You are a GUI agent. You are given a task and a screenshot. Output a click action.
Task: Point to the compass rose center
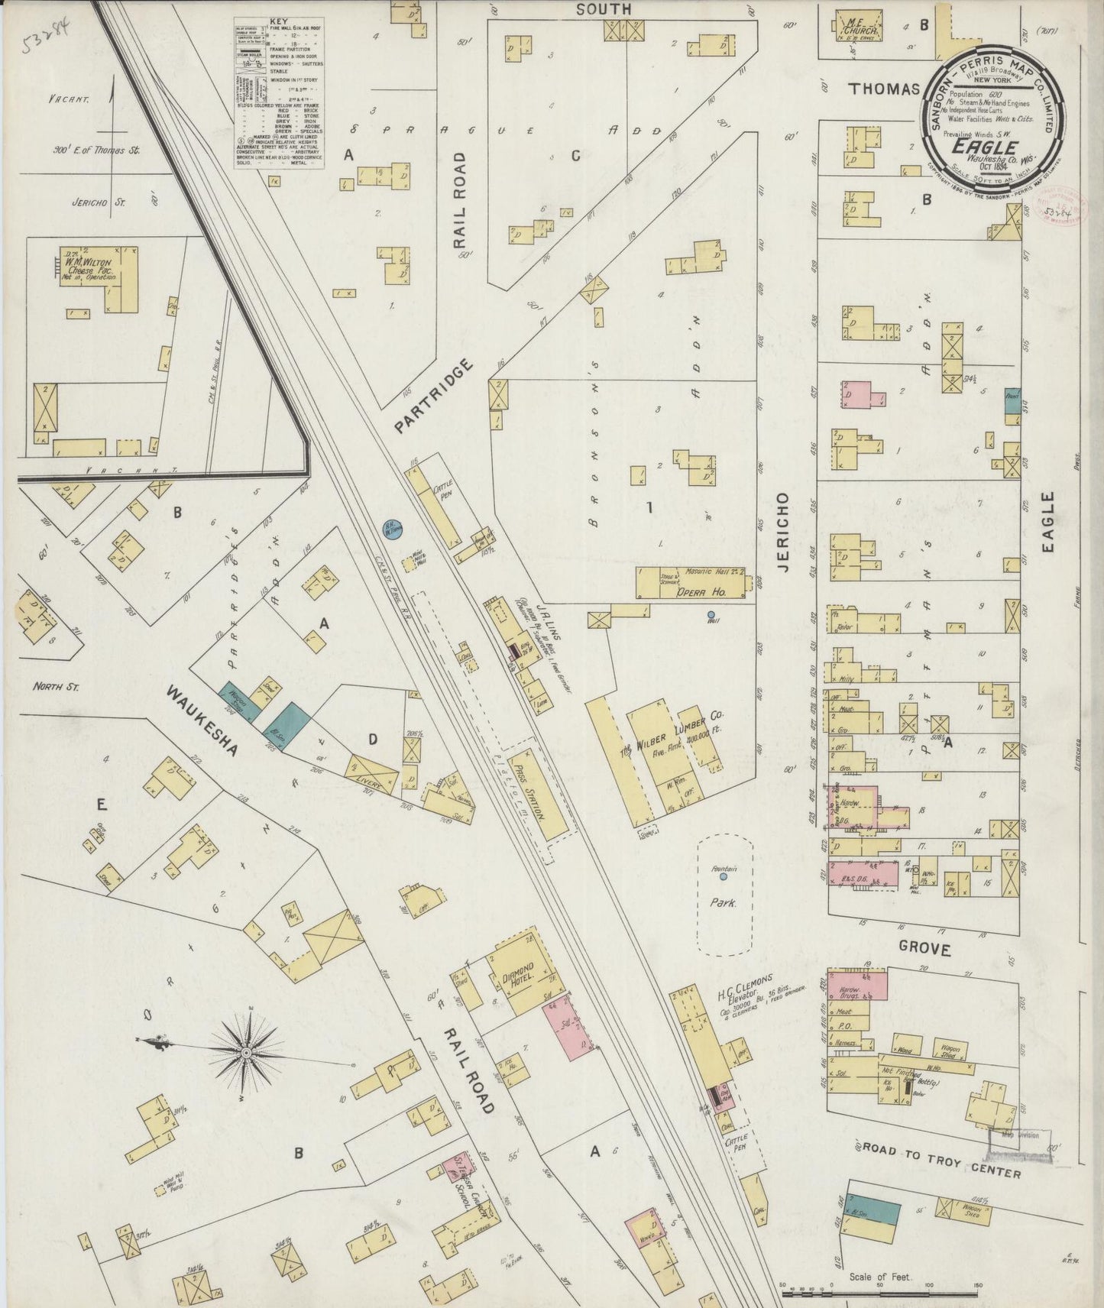(247, 1053)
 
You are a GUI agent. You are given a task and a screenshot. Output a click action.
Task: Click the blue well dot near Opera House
(711, 614)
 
